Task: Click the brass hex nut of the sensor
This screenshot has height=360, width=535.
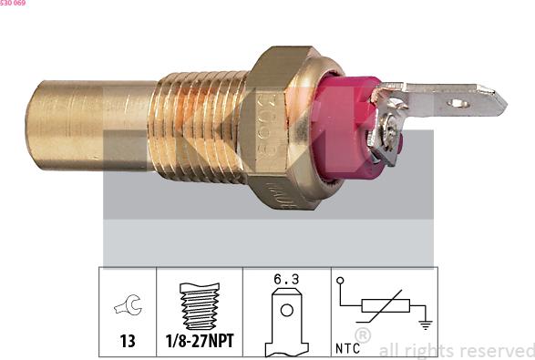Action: [x=283, y=128]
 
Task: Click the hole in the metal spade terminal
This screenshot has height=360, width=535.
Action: [x=459, y=103]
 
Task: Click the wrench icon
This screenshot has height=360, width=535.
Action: [x=128, y=307]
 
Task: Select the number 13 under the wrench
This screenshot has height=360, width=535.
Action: [x=128, y=342]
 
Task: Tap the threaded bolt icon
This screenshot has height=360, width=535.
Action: [x=199, y=305]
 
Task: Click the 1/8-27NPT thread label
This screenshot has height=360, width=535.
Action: [x=199, y=342]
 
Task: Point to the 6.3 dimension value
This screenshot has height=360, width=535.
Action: [x=286, y=279]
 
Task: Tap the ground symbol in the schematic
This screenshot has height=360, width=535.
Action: [x=424, y=322]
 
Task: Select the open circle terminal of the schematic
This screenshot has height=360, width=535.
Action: [x=339, y=282]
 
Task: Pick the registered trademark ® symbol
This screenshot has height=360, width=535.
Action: [x=363, y=337]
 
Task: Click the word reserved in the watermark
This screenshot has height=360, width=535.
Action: [x=498, y=350]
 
